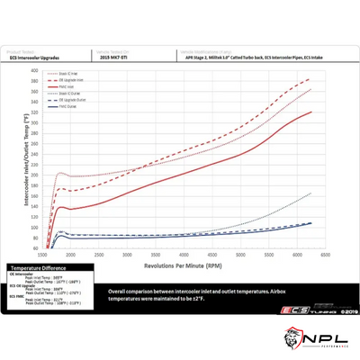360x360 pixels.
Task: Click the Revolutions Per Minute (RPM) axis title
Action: click(183, 265)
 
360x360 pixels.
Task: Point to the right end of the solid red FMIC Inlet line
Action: click(311, 112)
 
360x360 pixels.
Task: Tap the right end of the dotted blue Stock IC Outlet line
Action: click(311, 193)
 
